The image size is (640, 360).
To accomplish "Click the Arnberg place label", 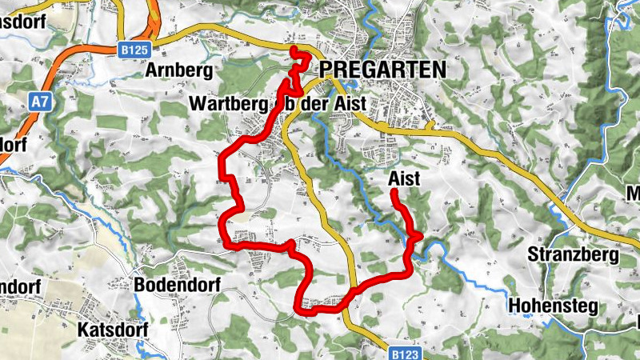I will pyautogui.click(x=178, y=71).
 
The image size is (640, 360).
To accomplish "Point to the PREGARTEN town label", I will pyautogui.click(x=382, y=70).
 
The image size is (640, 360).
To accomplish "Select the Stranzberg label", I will pyautogui.click(x=574, y=255).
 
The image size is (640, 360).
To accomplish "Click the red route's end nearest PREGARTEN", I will pyautogui.click(x=294, y=51).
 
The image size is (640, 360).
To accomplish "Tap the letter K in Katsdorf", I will pyautogui.click(x=83, y=329).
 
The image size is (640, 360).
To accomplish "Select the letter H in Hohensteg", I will pyautogui.click(x=515, y=306).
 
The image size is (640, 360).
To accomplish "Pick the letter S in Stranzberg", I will pyautogui.click(x=534, y=255).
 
